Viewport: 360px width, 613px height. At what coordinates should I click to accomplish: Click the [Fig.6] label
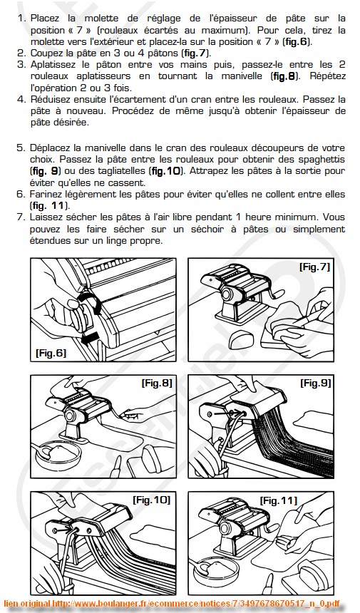coord(51,353)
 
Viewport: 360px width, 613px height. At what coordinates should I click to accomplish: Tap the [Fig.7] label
coord(314,267)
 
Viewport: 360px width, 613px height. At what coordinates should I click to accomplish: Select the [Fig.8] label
coord(157,383)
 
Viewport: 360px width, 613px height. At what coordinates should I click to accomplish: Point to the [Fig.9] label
coord(315,383)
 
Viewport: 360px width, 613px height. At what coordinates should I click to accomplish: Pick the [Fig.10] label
coord(152,499)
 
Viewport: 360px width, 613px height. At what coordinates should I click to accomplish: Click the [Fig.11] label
coord(279,500)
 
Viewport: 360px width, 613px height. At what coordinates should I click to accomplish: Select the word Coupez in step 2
coord(45,53)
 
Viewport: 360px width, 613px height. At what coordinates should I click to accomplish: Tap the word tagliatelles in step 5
coord(123,171)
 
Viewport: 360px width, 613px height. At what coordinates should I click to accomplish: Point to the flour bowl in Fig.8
coord(58,453)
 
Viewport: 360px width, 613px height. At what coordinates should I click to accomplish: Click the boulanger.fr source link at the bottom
coord(171,604)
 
